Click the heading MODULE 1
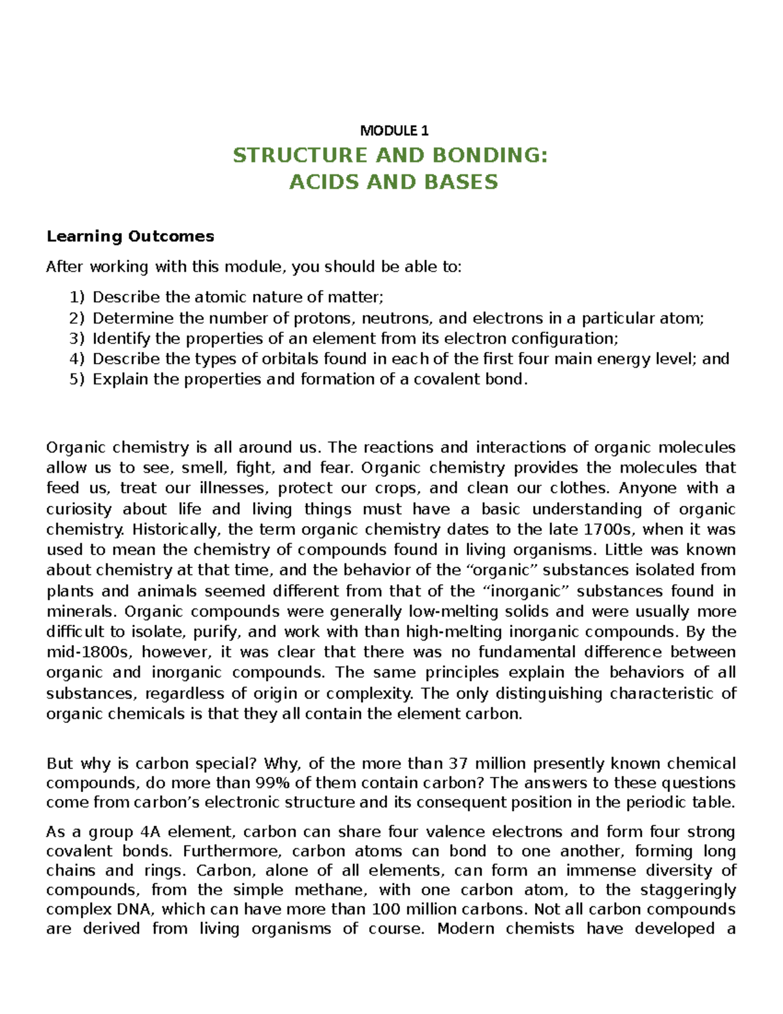pos(394,131)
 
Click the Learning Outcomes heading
pos(130,236)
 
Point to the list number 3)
pos(77,338)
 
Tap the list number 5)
pos(77,379)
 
